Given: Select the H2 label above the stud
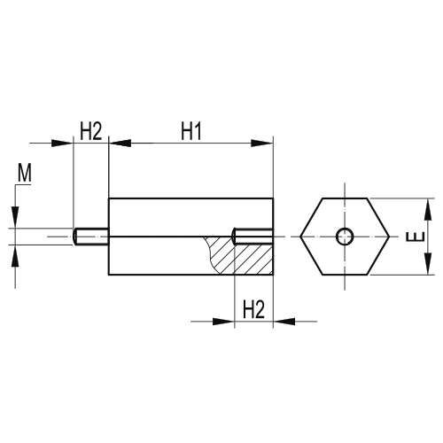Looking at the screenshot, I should pyautogui.click(x=90, y=131).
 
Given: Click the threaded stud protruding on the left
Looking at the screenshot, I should pyautogui.click(x=90, y=237).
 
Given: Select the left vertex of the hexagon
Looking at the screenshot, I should pyautogui.click(x=300, y=237).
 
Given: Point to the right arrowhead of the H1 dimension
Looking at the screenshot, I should pyautogui.click(x=265, y=143).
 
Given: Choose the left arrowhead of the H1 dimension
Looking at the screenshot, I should pyautogui.click(x=114, y=143).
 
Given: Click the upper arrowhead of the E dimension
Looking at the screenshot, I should pyautogui.click(x=429, y=205).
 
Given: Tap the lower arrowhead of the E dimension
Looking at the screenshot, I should pyautogui.click(x=429, y=268).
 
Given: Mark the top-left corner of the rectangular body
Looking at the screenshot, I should pyautogui.click(x=108, y=198).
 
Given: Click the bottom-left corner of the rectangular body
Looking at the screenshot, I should pyautogui.click(x=108, y=276).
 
